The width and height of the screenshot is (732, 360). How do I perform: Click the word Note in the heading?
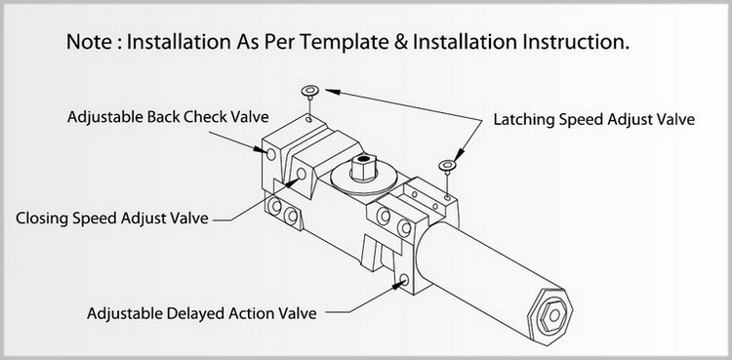pyautogui.click(x=90, y=42)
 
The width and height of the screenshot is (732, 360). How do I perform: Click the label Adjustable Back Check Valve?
pyautogui.click(x=168, y=117)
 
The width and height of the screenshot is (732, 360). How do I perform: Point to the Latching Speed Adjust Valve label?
pyautogui.click(x=594, y=120)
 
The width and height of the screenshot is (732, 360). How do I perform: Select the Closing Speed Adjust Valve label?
pyautogui.click(x=112, y=219)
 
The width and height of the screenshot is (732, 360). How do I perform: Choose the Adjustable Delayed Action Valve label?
pyautogui.click(x=202, y=313)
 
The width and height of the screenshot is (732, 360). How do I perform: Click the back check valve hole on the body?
pyautogui.click(x=271, y=153)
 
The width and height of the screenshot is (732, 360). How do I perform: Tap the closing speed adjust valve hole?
pyautogui.click(x=302, y=175)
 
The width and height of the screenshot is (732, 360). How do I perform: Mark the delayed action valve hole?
pyautogui.click(x=404, y=280)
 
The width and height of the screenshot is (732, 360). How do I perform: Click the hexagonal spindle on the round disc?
pyautogui.click(x=364, y=167)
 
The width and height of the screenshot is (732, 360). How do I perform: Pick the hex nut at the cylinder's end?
pyautogui.click(x=554, y=316)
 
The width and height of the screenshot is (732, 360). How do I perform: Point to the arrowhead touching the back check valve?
pyautogui.click(x=261, y=149)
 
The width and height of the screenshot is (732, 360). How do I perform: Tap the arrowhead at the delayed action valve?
pyautogui.click(x=396, y=285)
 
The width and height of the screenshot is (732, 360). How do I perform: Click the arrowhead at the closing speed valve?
pyautogui.click(x=293, y=181)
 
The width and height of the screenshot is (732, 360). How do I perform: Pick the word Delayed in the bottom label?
pyautogui.click(x=195, y=313)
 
